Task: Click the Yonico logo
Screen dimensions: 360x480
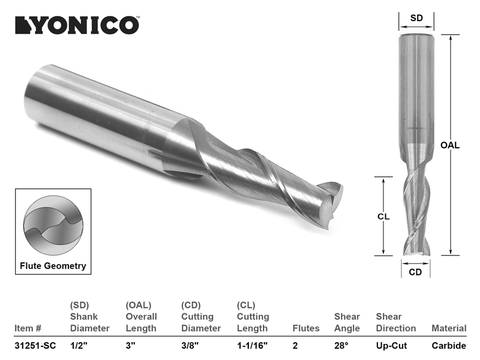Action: [x=77, y=25]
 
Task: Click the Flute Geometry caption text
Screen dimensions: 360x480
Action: [x=53, y=266]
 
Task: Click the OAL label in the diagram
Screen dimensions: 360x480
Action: [x=450, y=145]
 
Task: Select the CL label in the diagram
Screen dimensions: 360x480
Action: [x=384, y=217]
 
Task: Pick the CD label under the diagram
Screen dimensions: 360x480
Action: [x=415, y=272]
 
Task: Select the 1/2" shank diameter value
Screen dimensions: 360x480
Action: [x=79, y=346]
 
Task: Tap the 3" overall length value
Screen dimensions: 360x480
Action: [x=130, y=346]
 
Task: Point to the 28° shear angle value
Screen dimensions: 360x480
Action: [x=342, y=346]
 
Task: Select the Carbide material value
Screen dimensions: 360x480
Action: [x=448, y=346]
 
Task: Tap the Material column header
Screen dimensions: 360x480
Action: [x=448, y=328]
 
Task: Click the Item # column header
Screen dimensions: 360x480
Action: [x=28, y=328]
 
